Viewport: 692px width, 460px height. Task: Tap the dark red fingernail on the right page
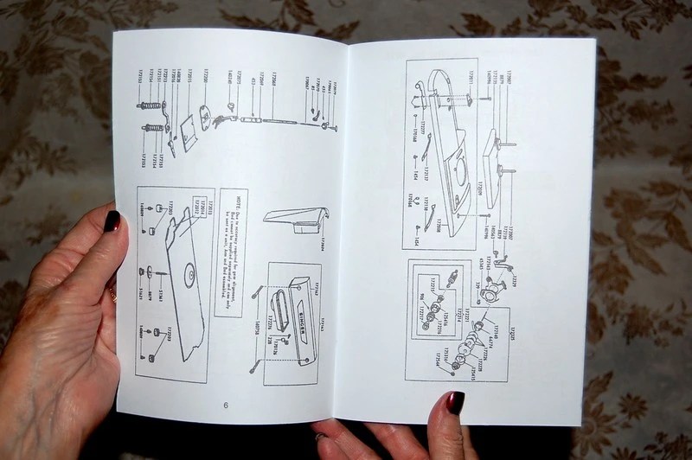click(x=453, y=402)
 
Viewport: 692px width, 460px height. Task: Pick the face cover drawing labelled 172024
click(x=289, y=220)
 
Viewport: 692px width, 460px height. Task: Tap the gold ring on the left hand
click(x=113, y=296)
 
